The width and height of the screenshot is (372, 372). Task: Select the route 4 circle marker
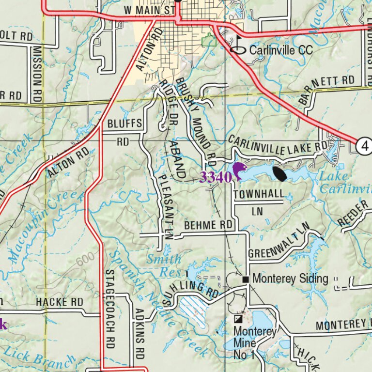(364, 145)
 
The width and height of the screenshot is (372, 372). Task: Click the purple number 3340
(215, 177)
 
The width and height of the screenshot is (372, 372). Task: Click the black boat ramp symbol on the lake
(280, 174)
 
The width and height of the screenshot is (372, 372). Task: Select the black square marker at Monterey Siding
(246, 279)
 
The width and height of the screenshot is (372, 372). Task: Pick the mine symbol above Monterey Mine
(238, 319)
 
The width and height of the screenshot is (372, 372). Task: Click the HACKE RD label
(59, 302)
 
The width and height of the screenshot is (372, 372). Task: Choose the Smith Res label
(165, 266)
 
